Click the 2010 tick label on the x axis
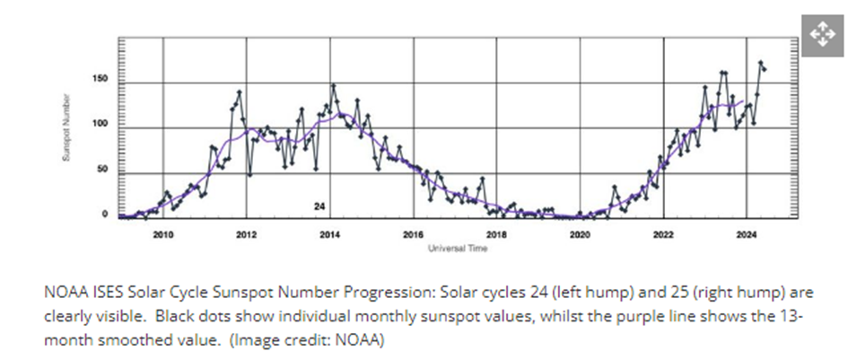(162, 235)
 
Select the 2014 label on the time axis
(329, 235)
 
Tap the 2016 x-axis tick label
(413, 235)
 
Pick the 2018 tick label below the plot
(496, 235)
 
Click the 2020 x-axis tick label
(580, 235)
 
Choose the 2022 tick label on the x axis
(663, 235)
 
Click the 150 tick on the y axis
(101, 80)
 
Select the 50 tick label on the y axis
(103, 169)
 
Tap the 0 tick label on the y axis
(106, 215)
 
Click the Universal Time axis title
(457, 248)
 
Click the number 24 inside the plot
(319, 206)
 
